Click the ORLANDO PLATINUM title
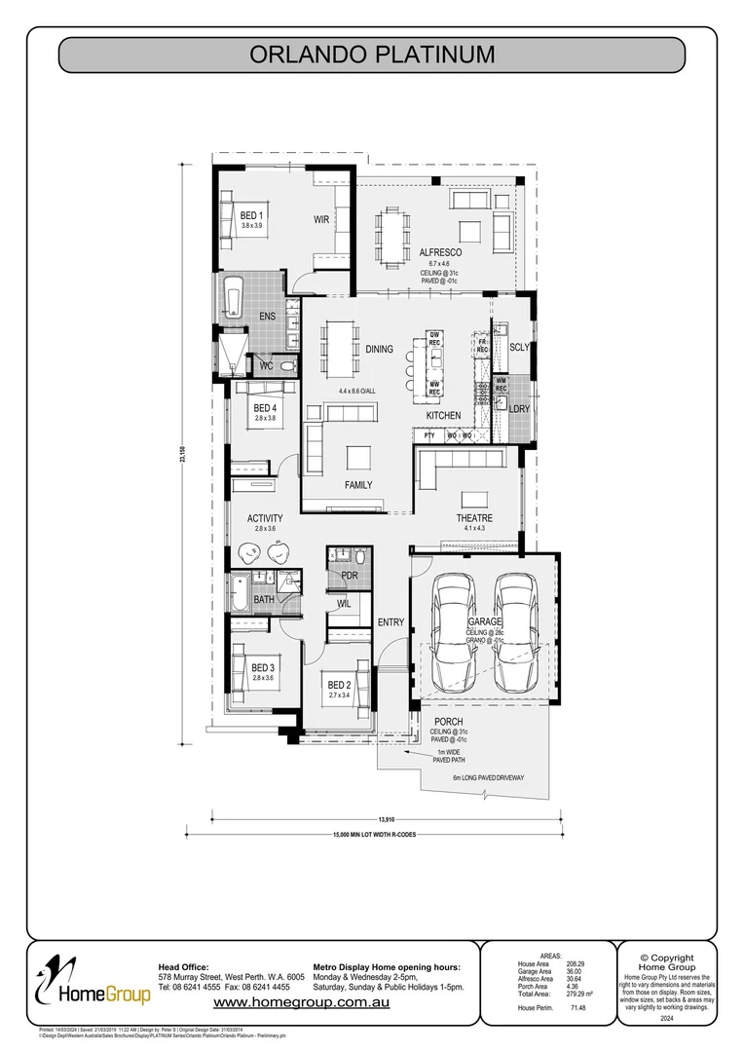pos(372,55)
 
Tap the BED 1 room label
pos(252,214)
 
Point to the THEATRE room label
pos(474,518)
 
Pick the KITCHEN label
pos(443,416)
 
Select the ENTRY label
pos(391,622)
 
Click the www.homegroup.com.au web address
pos(302,1002)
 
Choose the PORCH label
pos(449,722)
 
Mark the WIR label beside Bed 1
pos(321,220)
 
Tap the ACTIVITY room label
pos(265,518)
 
